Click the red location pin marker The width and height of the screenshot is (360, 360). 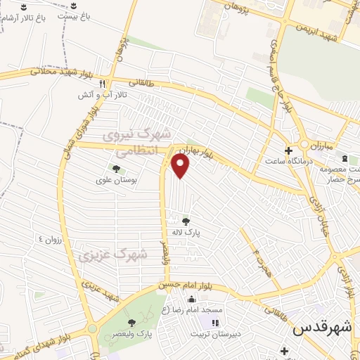coord(181,167)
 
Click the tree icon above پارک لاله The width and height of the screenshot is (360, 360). coord(186,221)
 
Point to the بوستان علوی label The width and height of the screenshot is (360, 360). coord(115,179)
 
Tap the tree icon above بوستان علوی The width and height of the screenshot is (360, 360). coord(116,169)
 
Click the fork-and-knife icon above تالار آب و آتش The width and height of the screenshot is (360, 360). coord(103,82)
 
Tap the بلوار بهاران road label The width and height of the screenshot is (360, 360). coord(195,150)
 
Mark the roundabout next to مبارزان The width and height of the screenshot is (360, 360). coord(304,144)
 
